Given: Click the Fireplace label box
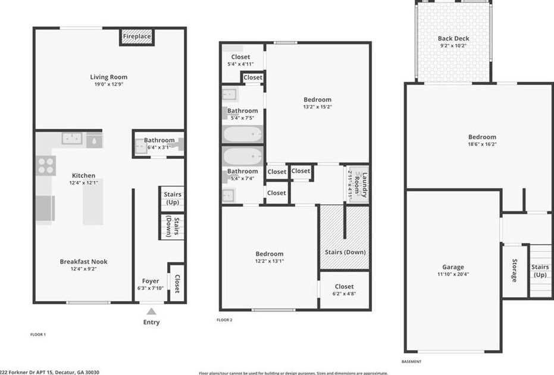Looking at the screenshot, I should (x=137, y=37).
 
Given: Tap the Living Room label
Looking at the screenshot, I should (x=109, y=77).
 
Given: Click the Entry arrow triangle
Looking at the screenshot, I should (x=152, y=311).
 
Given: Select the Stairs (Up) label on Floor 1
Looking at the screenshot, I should (x=172, y=198).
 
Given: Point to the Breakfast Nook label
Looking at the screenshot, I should (x=84, y=261).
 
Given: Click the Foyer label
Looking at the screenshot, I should (x=151, y=282).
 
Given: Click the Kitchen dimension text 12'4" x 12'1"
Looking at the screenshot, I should (x=84, y=183).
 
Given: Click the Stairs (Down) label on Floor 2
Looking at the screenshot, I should (x=345, y=252).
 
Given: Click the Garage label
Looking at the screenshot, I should (x=453, y=267).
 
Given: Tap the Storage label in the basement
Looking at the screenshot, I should (x=514, y=271).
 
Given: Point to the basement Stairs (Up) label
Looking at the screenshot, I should (x=540, y=271).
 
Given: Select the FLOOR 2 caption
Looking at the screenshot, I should (x=224, y=320).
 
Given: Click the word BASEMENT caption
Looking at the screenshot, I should (x=412, y=361).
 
